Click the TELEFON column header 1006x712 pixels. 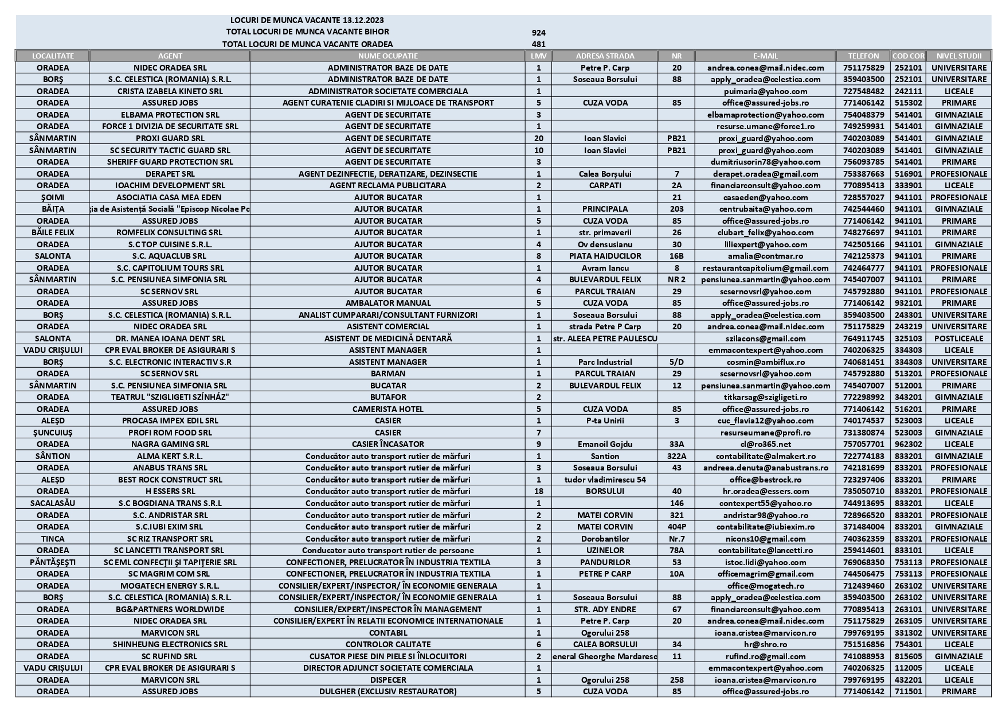click(x=863, y=56)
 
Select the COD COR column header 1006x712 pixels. click(x=908, y=56)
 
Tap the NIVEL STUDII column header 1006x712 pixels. click(x=958, y=56)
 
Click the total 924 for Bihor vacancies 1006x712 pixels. click(x=538, y=33)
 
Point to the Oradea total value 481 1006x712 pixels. click(x=538, y=44)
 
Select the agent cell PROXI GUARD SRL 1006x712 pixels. click(x=170, y=138)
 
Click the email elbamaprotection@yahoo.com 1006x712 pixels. click(x=765, y=115)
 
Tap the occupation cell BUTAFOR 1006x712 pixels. click(x=387, y=397)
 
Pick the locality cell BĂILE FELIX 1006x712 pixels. click(x=53, y=232)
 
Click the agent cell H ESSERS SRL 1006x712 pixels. click(x=170, y=491)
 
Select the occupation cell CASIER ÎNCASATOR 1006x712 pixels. click(x=387, y=444)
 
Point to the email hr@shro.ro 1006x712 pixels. click(x=765, y=644)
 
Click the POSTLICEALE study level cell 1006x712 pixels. click(x=958, y=339)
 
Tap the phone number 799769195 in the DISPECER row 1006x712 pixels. click(x=863, y=680)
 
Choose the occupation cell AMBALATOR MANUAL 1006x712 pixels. click(x=387, y=303)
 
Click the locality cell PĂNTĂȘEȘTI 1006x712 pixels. click(x=53, y=562)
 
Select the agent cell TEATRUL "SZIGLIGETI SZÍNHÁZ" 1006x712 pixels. click(x=170, y=397)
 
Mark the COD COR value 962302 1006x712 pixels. click(x=908, y=444)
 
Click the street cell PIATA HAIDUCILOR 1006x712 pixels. click(x=605, y=256)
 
